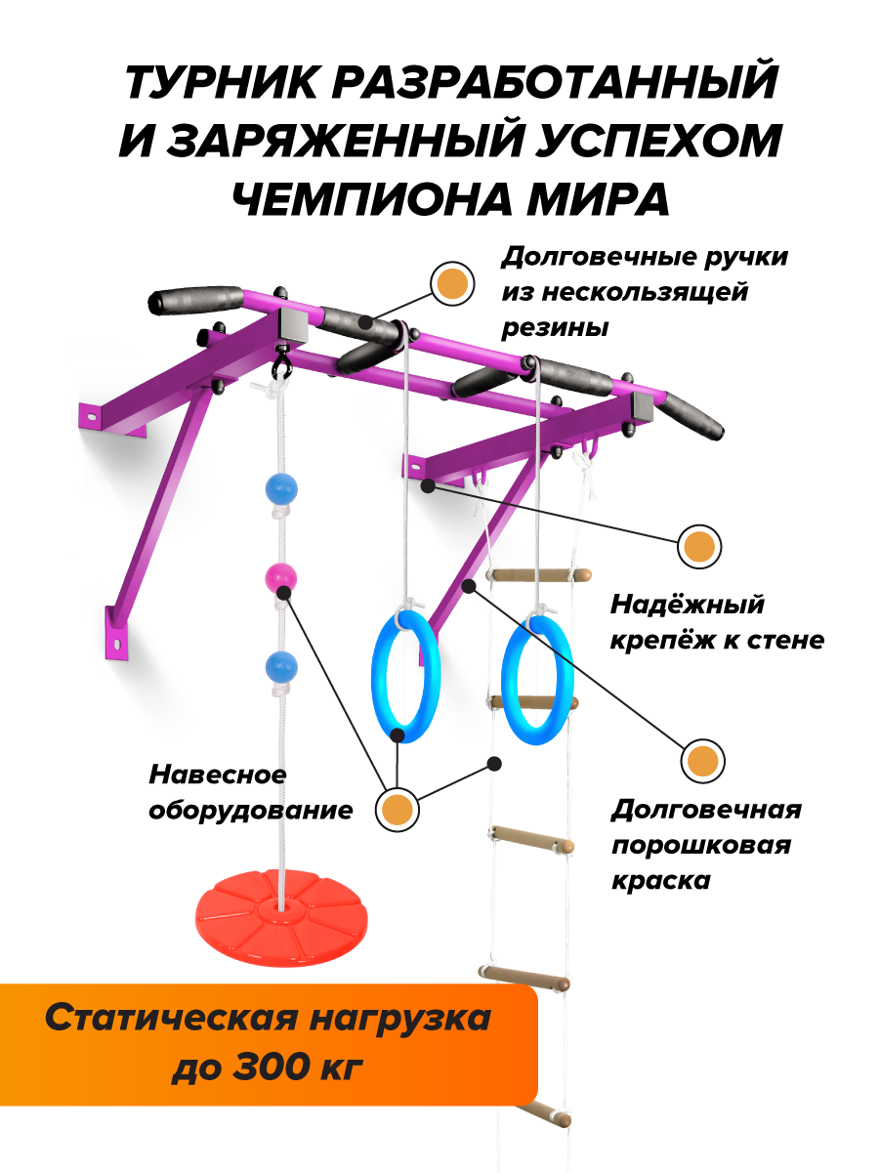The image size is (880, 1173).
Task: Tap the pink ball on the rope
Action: (280, 578)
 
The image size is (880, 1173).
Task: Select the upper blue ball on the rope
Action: (279, 487)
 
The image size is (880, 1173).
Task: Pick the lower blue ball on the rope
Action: (279, 667)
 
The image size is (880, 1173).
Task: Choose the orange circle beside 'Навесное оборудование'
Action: (397, 809)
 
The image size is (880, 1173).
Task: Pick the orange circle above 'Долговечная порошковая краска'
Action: (702, 761)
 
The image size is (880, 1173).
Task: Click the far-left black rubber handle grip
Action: (194, 297)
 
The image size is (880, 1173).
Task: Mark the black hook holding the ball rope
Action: (281, 365)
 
